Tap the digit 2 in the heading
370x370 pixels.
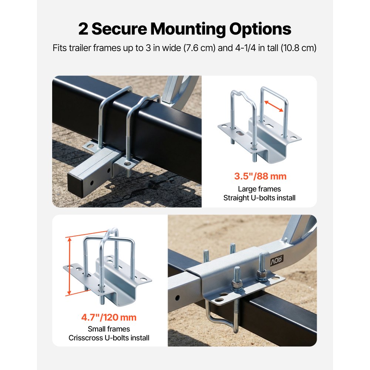[x=83, y=29]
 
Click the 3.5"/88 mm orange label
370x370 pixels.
[x=260, y=176]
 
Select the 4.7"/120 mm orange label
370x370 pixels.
[x=109, y=317]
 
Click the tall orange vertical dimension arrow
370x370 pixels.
[x=69, y=266]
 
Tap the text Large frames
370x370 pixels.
[x=259, y=189]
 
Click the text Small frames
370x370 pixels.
[x=109, y=329]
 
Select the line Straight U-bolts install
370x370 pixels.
[x=259, y=198]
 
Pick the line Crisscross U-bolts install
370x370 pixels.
[x=109, y=338]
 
